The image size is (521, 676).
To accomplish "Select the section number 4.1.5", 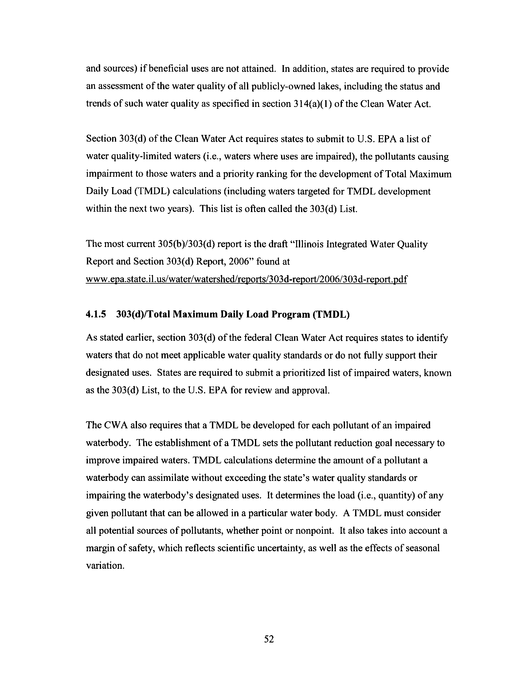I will pos(96,314).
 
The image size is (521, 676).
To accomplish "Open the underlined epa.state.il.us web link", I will pos(246,279).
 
